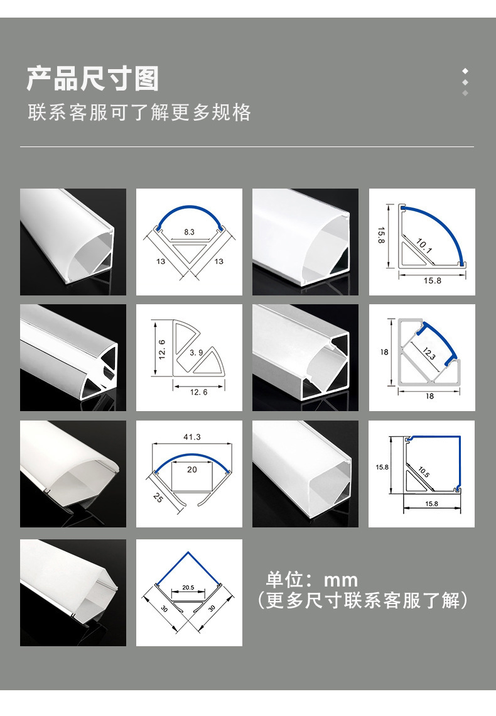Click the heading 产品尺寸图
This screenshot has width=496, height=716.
(93, 80)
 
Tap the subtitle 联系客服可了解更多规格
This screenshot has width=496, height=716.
(139, 113)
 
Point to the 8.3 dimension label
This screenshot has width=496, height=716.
(190, 232)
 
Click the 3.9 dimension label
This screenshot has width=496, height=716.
(196, 353)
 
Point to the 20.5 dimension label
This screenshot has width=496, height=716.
(188, 588)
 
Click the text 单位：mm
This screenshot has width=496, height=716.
(312, 580)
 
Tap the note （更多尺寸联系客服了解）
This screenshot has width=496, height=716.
(363, 601)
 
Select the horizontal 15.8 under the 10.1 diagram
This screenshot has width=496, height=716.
(432, 280)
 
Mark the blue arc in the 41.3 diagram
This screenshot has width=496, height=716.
(192, 460)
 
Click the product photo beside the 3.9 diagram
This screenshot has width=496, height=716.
(73, 358)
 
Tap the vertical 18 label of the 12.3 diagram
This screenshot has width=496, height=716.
(384, 353)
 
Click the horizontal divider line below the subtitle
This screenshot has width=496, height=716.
(247, 147)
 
